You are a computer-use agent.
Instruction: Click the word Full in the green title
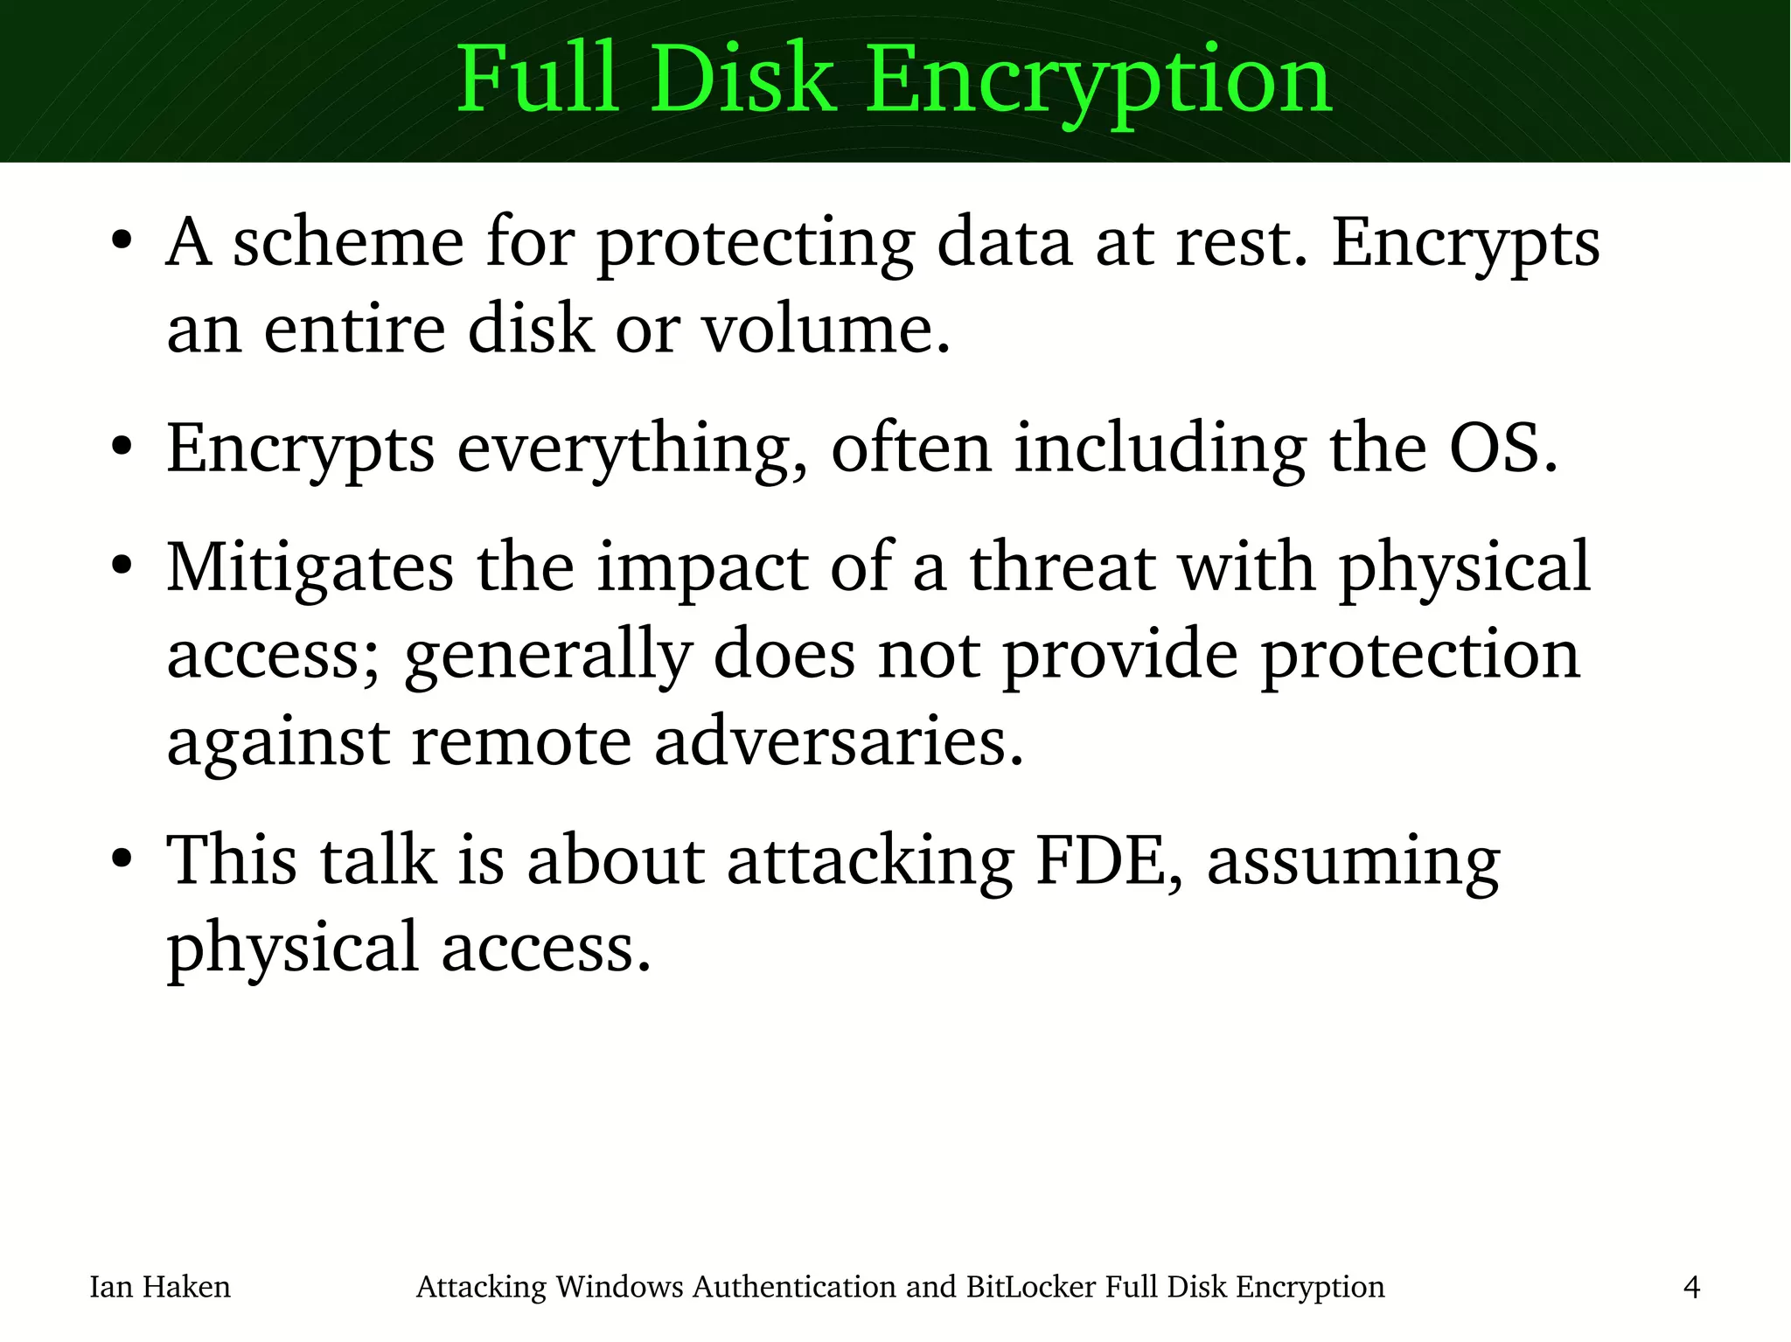537,80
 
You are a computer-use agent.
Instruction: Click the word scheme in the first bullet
347,242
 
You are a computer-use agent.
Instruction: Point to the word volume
826,330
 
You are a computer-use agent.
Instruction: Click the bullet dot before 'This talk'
122,859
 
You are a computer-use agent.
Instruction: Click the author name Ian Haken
160,1287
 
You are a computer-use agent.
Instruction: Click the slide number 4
1691,1287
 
